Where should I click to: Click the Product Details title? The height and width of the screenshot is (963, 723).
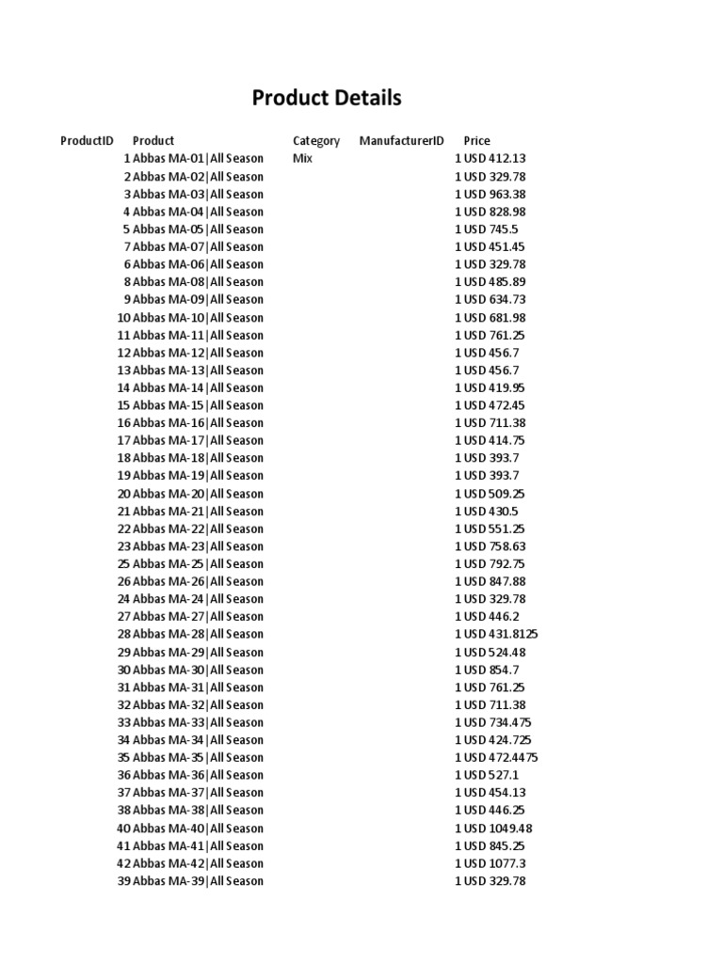pos(327,98)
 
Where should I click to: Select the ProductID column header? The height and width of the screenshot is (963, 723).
pos(87,141)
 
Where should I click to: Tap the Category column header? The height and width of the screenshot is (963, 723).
pos(316,141)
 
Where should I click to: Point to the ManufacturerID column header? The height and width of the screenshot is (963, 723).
pos(401,141)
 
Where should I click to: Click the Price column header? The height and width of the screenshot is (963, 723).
pos(476,141)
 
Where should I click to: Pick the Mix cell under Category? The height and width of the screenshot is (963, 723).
pos(302,159)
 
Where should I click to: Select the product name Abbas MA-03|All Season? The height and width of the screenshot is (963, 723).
pos(198,194)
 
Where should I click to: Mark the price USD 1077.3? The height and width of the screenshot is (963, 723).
pos(495,863)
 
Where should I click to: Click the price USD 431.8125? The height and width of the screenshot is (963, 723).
pos(500,634)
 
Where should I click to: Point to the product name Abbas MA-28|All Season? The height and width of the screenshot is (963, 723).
pos(198,634)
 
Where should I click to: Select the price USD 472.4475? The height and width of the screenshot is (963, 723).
pos(500,757)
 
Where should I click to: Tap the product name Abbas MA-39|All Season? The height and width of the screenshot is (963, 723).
pos(198,881)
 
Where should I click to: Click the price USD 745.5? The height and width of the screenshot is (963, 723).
pos(490,229)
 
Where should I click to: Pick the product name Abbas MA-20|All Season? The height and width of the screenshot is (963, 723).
pos(198,494)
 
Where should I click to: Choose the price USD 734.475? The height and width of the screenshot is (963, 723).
pos(497,722)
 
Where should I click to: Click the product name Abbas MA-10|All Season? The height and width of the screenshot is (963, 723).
pos(198,318)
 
